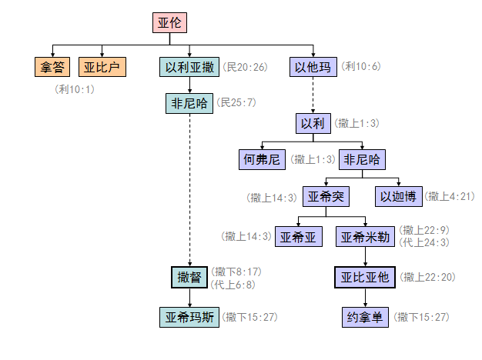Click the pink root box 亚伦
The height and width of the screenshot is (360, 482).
(x=170, y=23)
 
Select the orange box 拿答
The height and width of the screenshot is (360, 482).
(x=52, y=67)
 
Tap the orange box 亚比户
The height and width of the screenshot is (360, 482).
(x=102, y=67)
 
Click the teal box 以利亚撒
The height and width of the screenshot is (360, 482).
(x=189, y=67)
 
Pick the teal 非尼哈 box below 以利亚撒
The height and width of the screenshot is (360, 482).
(x=189, y=103)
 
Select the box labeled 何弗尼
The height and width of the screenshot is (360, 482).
(x=262, y=160)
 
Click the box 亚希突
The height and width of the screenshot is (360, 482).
(x=326, y=197)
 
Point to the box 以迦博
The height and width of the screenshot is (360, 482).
(x=398, y=197)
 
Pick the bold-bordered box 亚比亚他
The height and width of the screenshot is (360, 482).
(x=365, y=277)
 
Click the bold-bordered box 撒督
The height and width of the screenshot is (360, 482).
(x=189, y=277)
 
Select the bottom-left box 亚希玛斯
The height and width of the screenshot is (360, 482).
(x=189, y=317)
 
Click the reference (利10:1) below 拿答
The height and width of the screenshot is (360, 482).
(x=75, y=89)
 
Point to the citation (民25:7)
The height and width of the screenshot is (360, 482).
(x=237, y=102)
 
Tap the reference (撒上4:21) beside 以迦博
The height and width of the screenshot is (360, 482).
(x=449, y=197)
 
